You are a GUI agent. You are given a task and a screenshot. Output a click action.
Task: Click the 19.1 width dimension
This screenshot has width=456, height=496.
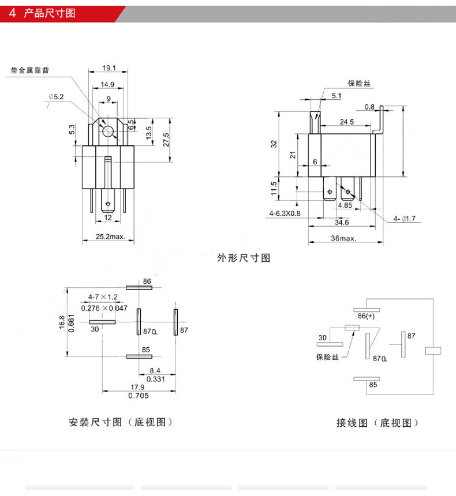coord(109,68)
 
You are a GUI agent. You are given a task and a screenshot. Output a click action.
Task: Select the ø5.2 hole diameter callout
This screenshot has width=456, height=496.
coord(57,97)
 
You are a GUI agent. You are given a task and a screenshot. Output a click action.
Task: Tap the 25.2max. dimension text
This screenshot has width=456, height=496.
coord(110,236)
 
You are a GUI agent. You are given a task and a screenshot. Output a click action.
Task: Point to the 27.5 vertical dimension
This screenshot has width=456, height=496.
coord(166,140)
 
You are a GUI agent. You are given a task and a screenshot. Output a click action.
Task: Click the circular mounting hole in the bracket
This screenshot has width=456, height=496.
coord(108,131)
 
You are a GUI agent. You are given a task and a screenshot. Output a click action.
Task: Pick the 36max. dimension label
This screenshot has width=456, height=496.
coord(343,238)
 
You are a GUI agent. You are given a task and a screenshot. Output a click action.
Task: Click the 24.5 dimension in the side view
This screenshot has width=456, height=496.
coord(347,122)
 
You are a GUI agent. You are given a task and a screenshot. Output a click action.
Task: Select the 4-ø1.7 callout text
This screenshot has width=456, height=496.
coord(405,219)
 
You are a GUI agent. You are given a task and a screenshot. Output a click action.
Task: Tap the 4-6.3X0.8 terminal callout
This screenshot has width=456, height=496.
coord(285,213)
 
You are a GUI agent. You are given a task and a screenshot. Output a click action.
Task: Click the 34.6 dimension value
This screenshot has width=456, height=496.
coord(342,223)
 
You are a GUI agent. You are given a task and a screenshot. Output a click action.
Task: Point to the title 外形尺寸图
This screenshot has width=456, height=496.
coord(244,258)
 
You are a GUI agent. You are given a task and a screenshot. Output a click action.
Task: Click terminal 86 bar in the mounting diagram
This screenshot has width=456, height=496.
coord(139,288)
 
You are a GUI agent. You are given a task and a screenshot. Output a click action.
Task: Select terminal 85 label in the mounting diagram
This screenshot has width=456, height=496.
coord(145,350)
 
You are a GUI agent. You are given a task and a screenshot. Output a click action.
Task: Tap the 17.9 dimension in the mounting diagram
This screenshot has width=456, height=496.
coord(137,387)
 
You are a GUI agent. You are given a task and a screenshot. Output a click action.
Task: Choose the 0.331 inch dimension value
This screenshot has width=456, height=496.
coord(155,379)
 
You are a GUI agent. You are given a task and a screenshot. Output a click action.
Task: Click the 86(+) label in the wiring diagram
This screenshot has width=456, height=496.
coord(366,316)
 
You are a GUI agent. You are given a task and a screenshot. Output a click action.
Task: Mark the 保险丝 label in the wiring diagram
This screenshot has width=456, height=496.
coord(327,357)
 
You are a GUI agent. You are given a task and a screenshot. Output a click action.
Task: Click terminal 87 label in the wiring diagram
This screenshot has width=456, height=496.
coord(411,336)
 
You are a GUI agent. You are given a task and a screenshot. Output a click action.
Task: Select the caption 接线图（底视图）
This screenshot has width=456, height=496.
coord(377,423)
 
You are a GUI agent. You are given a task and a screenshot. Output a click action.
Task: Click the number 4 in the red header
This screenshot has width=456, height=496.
coord(12,13)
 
